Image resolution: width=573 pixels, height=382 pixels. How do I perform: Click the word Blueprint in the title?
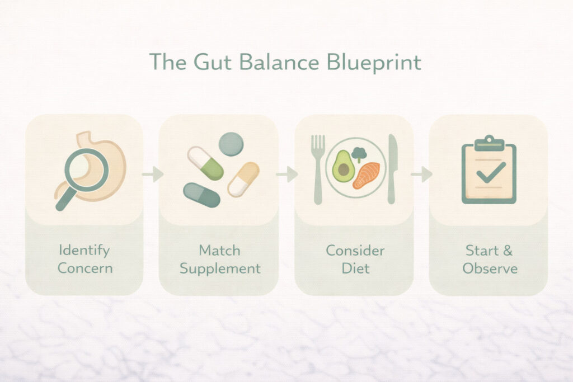coord(374,63)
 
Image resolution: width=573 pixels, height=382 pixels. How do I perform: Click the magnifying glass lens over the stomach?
coord(87,170)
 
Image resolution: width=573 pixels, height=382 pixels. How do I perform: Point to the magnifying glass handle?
coord(66,200)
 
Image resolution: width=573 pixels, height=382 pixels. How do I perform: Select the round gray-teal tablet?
coord(231,144)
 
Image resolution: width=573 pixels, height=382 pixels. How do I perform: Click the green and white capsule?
coord(205,163)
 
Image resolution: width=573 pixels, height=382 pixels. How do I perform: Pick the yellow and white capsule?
coord(243,180)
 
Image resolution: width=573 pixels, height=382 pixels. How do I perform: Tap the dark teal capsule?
coord(201,195)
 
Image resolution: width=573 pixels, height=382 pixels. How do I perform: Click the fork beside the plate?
coord(318,169)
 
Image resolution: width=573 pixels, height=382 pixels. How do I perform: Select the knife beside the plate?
coord(391,169)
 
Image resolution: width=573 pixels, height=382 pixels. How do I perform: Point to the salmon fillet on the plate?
coord(366,175)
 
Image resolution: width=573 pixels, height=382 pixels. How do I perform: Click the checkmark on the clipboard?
coord(491,172)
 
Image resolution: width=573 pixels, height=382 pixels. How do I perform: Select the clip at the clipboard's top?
coord(489,143)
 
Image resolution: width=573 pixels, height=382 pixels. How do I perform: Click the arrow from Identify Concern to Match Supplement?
coord(153,174)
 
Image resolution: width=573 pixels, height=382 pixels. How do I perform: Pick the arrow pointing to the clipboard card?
coord(421,174)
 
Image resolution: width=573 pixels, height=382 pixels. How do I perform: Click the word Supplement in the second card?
coord(220,269)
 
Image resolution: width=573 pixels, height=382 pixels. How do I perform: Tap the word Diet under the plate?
coord(355,268)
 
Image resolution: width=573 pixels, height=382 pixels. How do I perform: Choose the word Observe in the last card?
coord(490,268)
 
